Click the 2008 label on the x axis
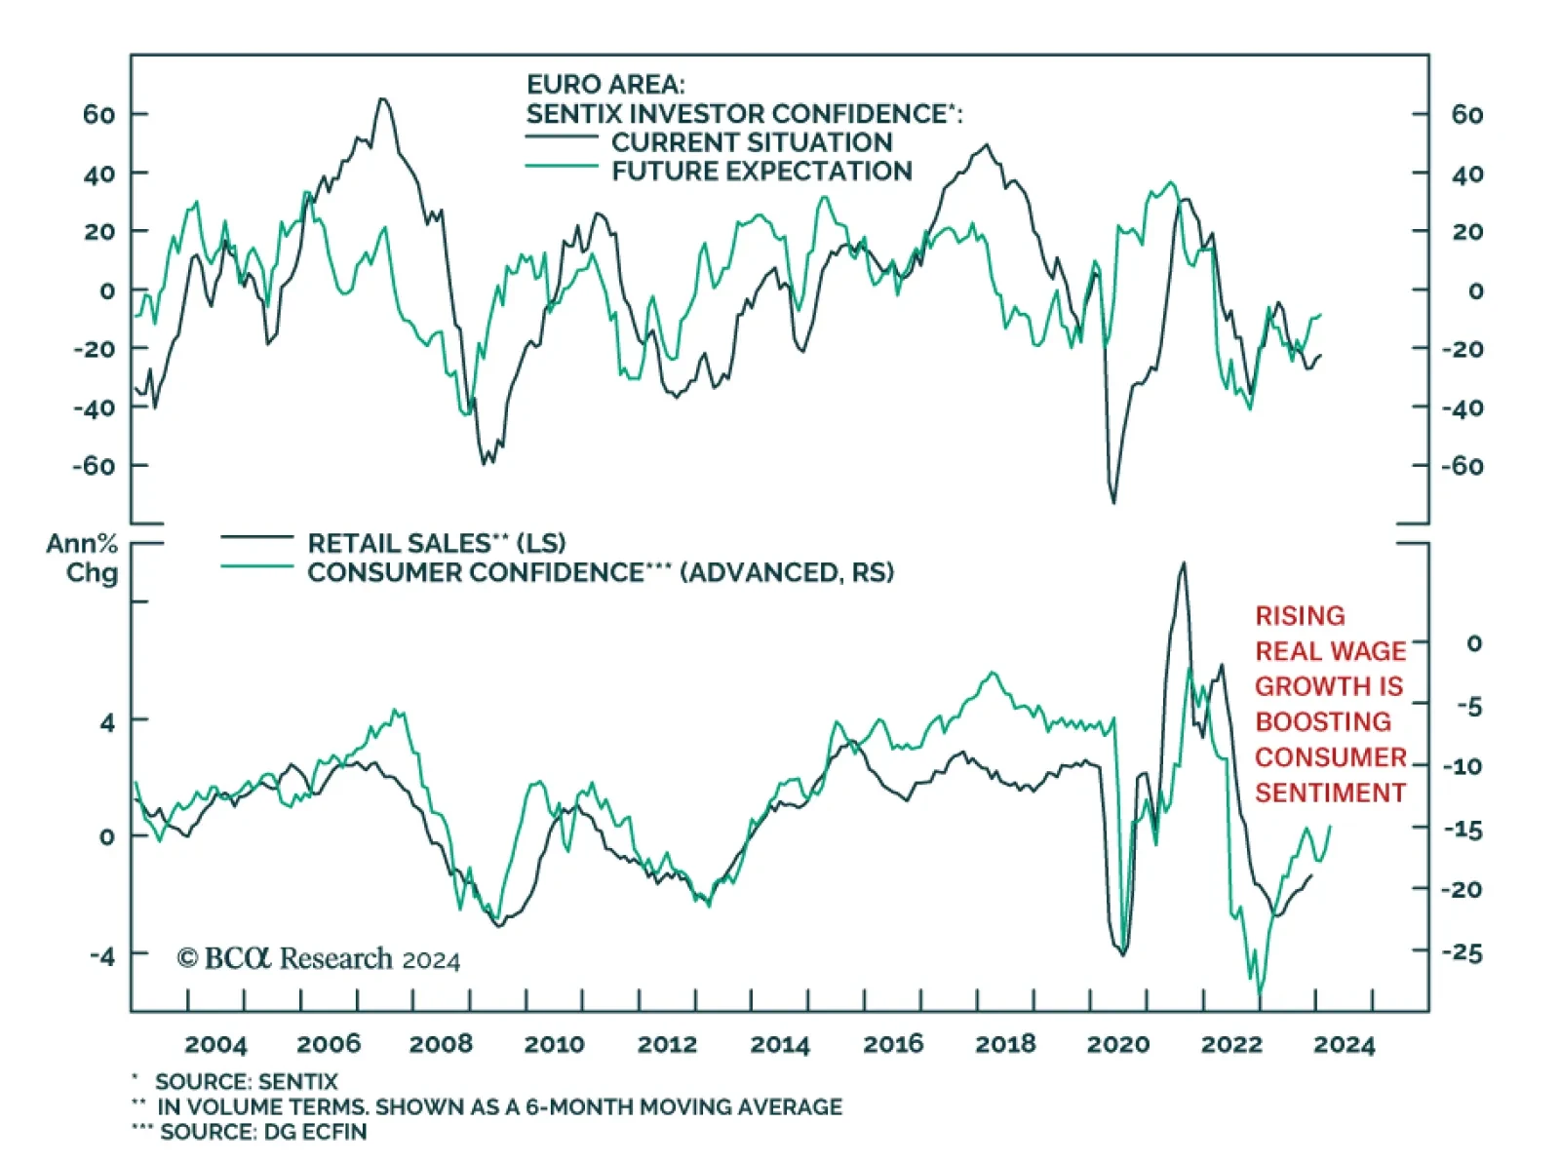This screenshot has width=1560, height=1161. pyautogui.click(x=441, y=1044)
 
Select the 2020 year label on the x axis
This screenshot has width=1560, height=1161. pyautogui.click(x=1118, y=1044)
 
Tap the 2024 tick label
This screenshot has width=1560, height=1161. pyautogui.click(x=1344, y=1044)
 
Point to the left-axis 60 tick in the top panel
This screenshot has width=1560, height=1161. pyautogui.click(x=98, y=115)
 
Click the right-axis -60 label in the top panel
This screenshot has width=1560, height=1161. pyautogui.click(x=1462, y=466)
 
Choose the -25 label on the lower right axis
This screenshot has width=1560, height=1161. pyautogui.click(x=1462, y=952)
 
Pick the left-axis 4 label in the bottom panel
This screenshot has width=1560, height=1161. pyautogui.click(x=106, y=722)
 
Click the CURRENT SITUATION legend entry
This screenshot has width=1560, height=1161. pyautogui.click(x=752, y=142)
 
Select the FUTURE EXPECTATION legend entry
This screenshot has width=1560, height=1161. pyautogui.click(x=761, y=172)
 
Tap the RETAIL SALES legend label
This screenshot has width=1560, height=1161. pyautogui.click(x=436, y=543)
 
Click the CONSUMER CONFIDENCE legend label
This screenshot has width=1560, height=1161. pyautogui.click(x=600, y=572)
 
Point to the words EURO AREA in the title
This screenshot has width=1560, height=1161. pyautogui.click(x=605, y=85)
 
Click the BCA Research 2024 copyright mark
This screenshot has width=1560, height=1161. pyautogui.click(x=318, y=959)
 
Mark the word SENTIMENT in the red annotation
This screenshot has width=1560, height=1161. pyautogui.click(x=1330, y=793)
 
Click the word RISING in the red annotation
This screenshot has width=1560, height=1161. pyautogui.click(x=1300, y=616)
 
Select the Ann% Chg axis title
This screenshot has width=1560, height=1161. pyautogui.click(x=83, y=558)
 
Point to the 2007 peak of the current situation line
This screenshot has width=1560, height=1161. pyautogui.click(x=382, y=98)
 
